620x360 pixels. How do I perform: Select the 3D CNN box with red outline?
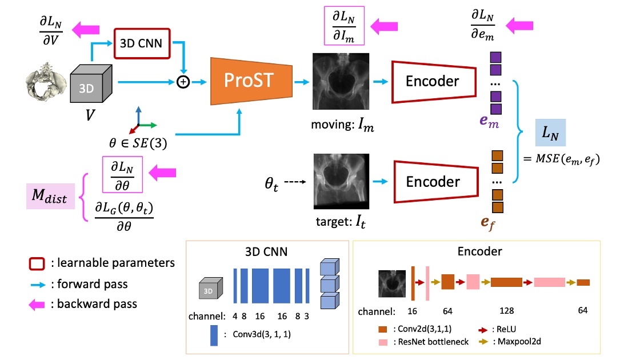[x=142, y=42]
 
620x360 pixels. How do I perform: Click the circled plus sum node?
[x=183, y=82]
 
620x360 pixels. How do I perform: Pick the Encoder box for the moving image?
[x=432, y=82]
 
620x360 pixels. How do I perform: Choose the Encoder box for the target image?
[x=432, y=182]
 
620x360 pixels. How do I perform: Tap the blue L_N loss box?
[x=550, y=135]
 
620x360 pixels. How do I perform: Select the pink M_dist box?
[x=50, y=198]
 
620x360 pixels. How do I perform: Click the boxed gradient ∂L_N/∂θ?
[x=123, y=175]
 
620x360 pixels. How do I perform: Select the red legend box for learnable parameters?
[x=37, y=263]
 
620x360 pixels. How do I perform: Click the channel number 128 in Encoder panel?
[x=506, y=311]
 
